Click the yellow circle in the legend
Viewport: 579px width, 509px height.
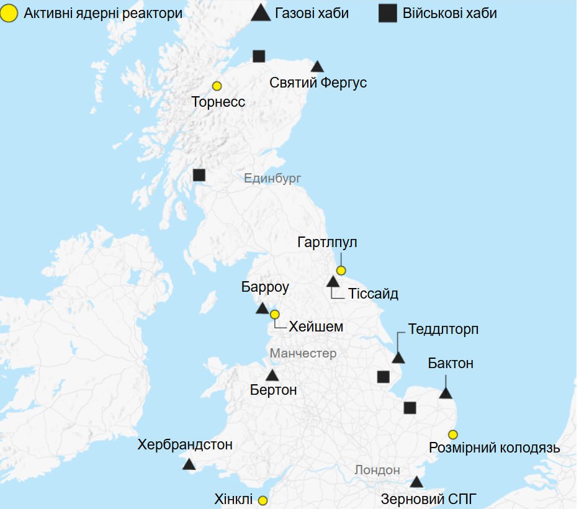point(10,12)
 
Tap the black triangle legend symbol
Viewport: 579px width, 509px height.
point(261,12)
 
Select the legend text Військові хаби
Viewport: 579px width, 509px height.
point(449,13)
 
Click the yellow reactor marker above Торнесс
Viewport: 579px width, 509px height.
point(217,86)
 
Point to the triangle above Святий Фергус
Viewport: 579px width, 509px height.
point(317,66)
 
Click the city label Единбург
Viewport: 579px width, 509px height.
point(272,179)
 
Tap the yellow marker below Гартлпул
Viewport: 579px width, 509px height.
point(341,270)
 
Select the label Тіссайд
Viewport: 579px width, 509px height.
point(372,294)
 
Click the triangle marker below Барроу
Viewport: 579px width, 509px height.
point(262,309)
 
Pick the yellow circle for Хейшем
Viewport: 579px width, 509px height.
point(274,314)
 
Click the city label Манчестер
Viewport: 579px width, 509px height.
point(303,353)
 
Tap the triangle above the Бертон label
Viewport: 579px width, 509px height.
point(272,376)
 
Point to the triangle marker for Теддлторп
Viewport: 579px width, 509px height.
point(398,358)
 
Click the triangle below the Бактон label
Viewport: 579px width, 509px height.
point(446,393)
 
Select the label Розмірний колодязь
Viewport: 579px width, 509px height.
point(495,448)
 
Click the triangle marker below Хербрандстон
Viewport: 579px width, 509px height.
point(189,464)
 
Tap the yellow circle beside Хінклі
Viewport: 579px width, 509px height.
point(263,500)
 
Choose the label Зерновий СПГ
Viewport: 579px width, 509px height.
point(422,498)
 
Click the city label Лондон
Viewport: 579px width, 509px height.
point(377,470)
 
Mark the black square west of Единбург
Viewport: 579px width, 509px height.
point(199,175)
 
